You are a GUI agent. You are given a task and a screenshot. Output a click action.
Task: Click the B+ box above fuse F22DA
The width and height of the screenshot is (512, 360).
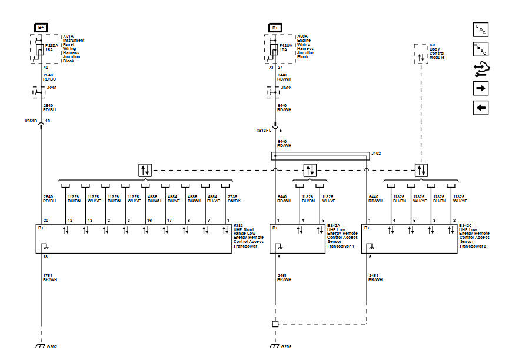tap(42, 28)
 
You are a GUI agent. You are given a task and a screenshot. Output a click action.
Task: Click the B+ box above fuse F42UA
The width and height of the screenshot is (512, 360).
tap(275, 28)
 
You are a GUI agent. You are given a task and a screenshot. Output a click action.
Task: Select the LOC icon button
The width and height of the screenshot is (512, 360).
tap(480, 29)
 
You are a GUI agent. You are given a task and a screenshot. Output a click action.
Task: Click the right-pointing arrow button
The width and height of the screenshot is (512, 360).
tap(480, 88)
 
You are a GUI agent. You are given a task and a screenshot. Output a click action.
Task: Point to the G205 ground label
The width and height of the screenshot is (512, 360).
tap(286, 347)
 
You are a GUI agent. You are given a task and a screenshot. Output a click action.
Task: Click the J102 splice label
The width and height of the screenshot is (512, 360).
tap(375, 153)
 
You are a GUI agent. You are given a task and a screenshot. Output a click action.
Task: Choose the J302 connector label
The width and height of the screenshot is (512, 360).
tap(286, 88)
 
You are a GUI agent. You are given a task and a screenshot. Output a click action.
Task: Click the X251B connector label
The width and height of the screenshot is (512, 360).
tap(31, 121)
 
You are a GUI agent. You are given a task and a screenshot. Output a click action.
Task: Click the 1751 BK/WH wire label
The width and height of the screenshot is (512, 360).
tap(49, 278)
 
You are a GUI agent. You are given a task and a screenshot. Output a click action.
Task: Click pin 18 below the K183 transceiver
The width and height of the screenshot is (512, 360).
tap(45, 258)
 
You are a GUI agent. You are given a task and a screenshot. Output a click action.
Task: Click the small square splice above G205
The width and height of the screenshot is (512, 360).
tap(275, 324)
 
